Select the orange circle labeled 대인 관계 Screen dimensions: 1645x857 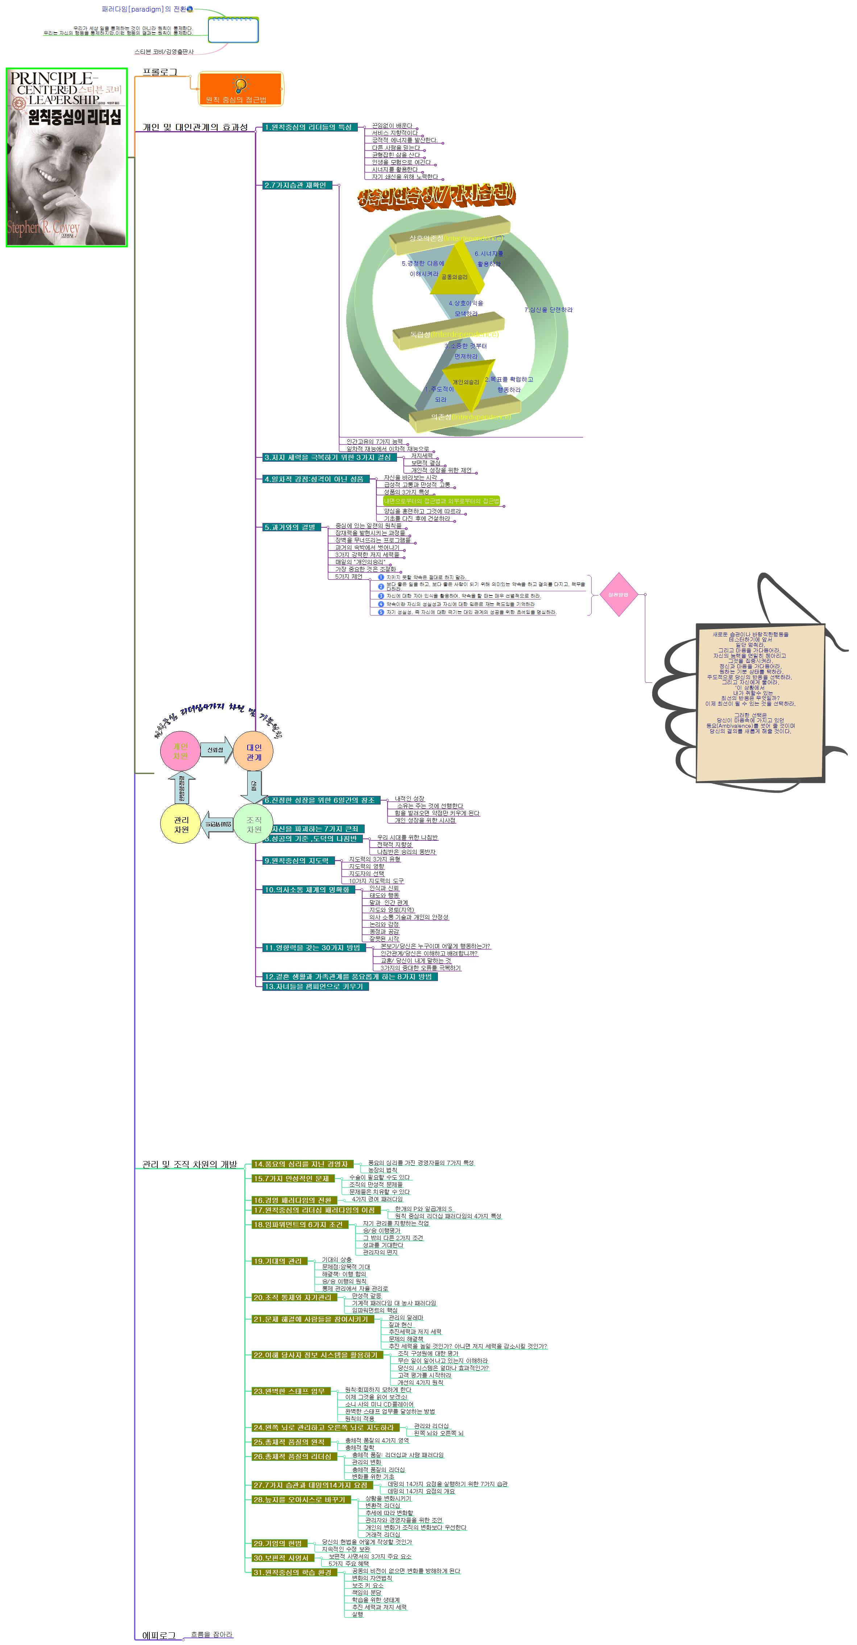tap(253, 752)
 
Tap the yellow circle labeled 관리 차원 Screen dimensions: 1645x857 tap(181, 824)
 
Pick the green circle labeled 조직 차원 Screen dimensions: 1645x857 tap(253, 824)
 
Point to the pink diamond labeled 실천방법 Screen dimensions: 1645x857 tap(618, 594)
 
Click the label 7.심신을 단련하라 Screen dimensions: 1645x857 tap(548, 310)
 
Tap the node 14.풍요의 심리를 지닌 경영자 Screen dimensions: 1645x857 tap(301, 1164)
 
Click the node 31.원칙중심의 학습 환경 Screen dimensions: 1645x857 tap(294, 1572)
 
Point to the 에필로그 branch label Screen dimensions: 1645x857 tap(158, 1636)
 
